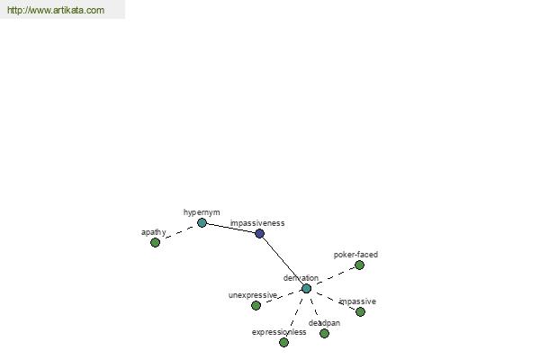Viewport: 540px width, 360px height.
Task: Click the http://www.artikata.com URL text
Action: (x=56, y=10)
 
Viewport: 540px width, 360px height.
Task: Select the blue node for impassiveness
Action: (x=259, y=233)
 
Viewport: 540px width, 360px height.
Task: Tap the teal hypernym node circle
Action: (x=202, y=222)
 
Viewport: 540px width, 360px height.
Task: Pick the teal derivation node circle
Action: (x=306, y=288)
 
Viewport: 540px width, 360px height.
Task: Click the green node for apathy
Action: (x=155, y=242)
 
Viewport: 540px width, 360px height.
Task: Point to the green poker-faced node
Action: (x=359, y=265)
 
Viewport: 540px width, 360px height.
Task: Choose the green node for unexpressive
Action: (x=256, y=305)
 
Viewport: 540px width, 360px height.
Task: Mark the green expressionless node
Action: (x=283, y=342)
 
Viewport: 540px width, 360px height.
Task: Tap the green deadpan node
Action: (x=324, y=333)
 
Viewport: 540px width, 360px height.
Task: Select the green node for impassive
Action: (x=360, y=311)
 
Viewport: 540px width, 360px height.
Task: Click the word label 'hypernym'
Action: (x=202, y=212)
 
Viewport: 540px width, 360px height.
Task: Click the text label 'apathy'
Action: (x=153, y=232)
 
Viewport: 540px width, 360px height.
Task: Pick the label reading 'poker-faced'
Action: (x=355, y=255)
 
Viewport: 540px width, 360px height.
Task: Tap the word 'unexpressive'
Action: (x=252, y=295)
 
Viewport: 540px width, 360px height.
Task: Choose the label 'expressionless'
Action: (x=278, y=332)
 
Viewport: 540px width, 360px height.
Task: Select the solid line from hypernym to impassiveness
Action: (x=230, y=228)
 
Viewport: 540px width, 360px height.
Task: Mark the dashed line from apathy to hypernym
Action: (x=178, y=232)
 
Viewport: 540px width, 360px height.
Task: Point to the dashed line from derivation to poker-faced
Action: (x=333, y=276)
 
